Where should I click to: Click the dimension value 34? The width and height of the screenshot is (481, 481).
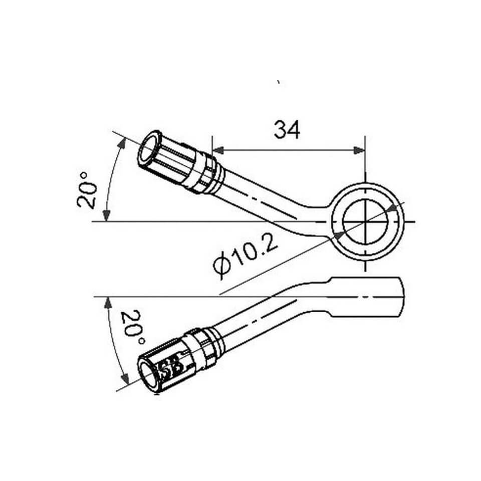point(287,130)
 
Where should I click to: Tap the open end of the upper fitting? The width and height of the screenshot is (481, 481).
point(149,147)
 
